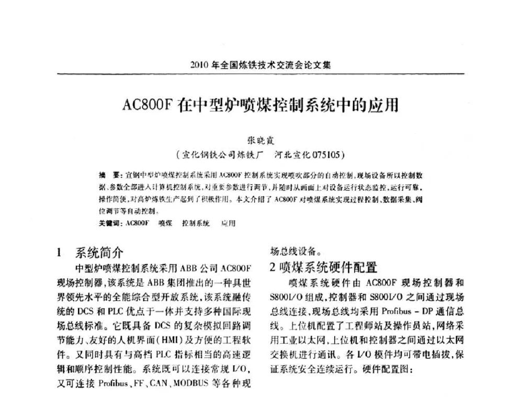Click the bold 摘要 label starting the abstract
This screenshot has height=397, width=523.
point(107,174)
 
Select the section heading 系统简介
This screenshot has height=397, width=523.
point(99,253)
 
